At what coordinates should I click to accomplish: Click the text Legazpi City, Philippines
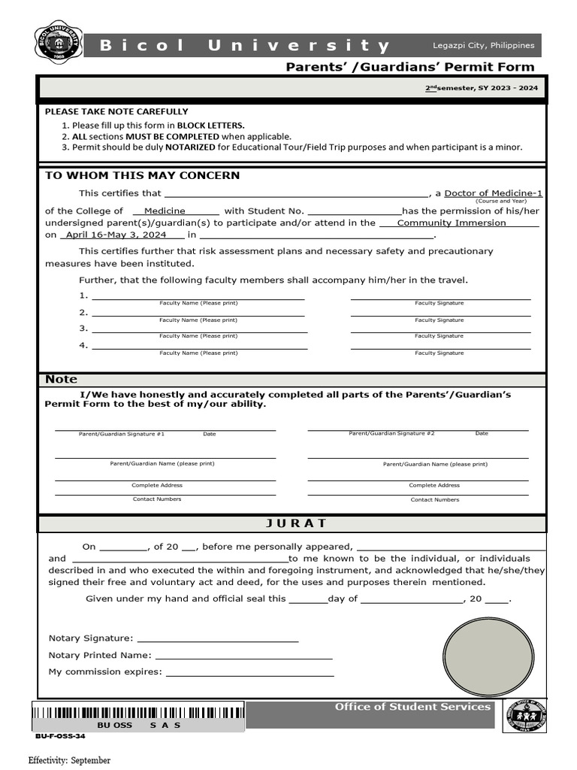click(x=483, y=46)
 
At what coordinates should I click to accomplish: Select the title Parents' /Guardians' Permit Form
click(x=410, y=67)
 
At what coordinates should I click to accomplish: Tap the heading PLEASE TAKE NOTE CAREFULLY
click(x=116, y=111)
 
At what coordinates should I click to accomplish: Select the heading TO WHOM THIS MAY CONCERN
click(x=143, y=176)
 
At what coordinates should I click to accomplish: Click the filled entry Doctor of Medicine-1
click(x=493, y=193)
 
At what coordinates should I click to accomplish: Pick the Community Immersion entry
click(x=452, y=223)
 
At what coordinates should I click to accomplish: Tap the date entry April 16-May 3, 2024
click(x=116, y=235)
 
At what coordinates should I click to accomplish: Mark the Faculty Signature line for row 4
click(x=440, y=347)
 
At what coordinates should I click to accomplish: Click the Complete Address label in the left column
click(x=157, y=485)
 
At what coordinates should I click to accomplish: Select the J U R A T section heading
click(x=292, y=523)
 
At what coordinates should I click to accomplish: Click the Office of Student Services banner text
click(x=412, y=707)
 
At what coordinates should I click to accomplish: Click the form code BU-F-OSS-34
click(x=60, y=736)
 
